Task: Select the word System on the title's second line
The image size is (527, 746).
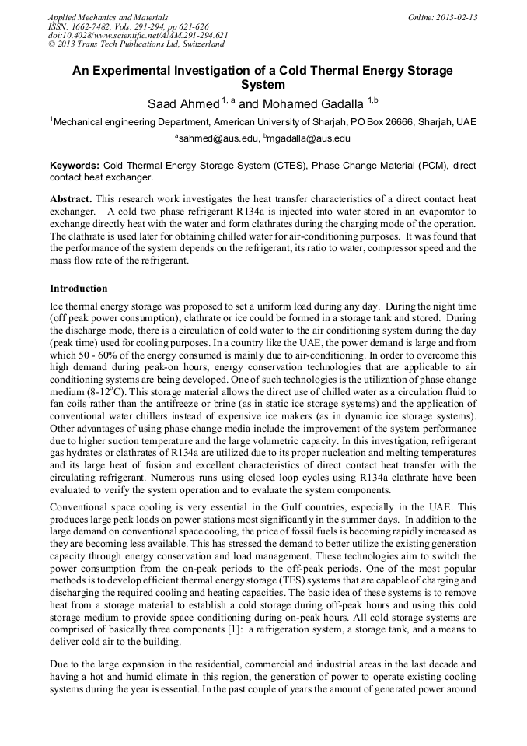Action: pyautogui.click(x=263, y=85)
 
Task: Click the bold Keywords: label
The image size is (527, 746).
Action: pyautogui.click(x=75, y=166)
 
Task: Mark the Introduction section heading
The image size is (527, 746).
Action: pyautogui.click(x=79, y=288)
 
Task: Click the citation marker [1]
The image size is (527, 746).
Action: pyautogui.click(x=211, y=630)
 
